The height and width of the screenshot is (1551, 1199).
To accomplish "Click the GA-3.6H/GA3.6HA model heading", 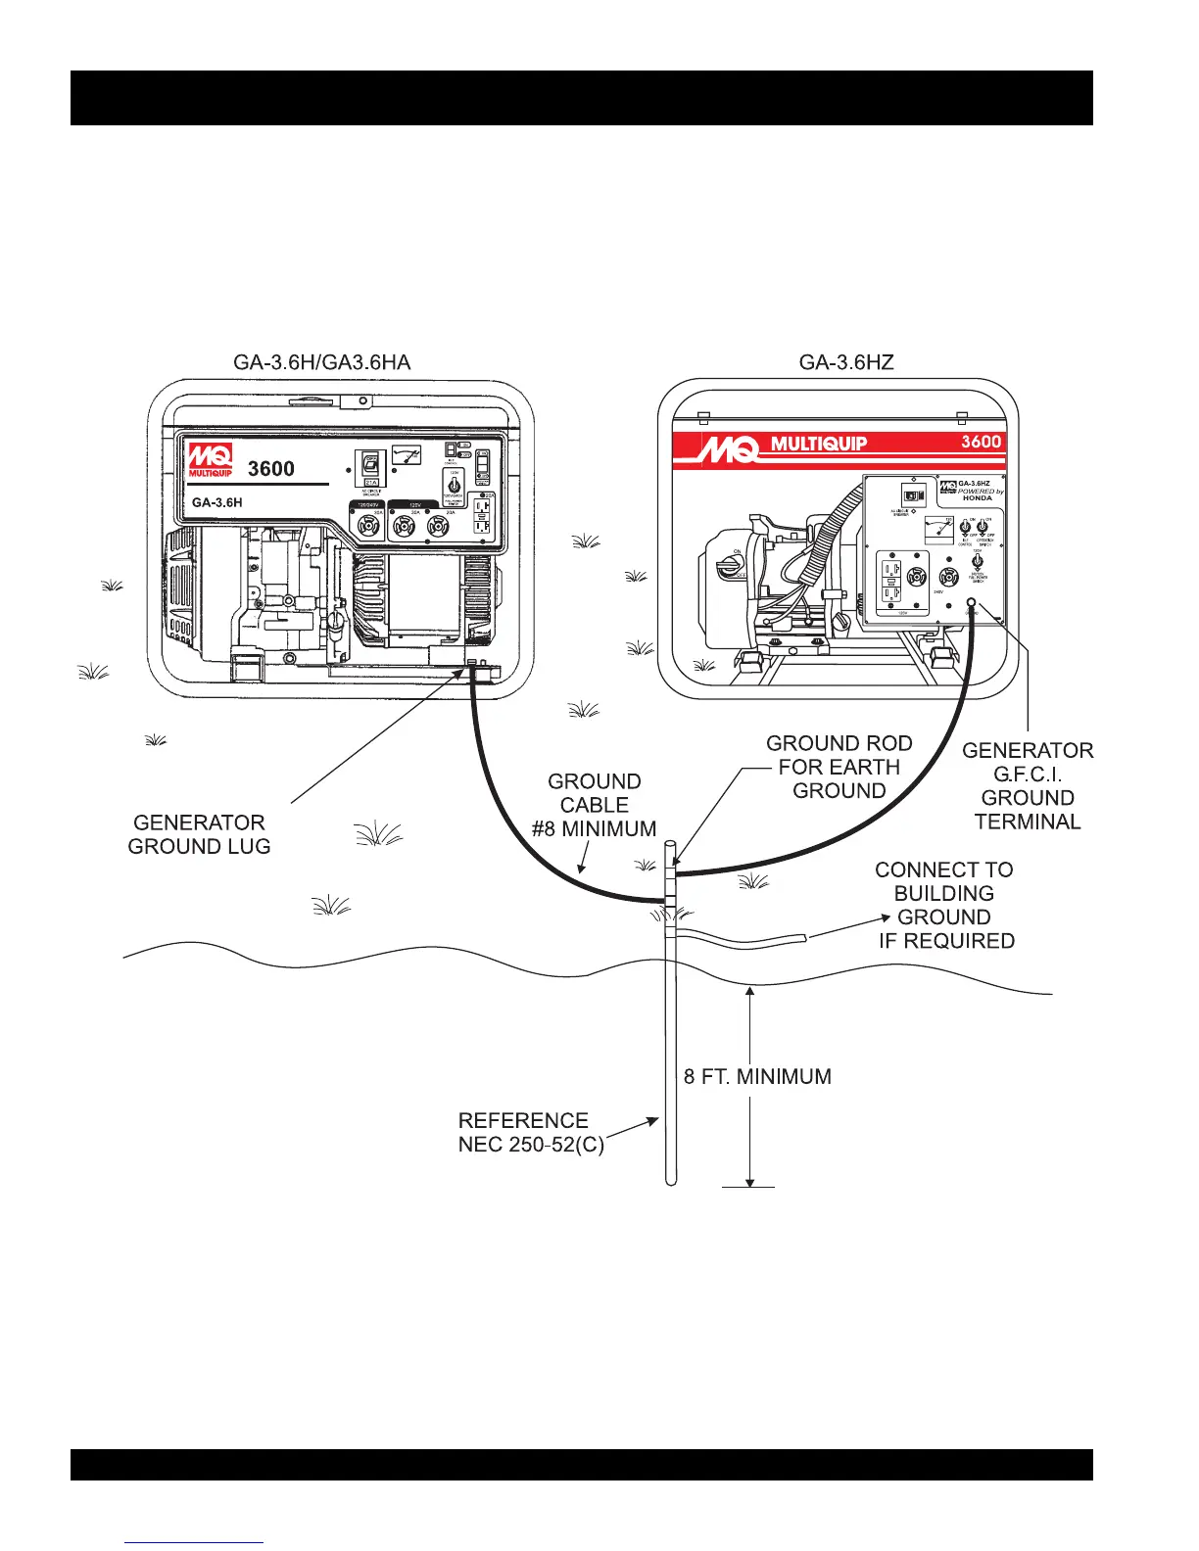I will [x=321, y=362].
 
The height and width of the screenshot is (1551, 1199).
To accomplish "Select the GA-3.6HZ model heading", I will [x=846, y=362].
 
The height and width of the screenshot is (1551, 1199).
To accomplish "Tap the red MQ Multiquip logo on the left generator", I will [x=211, y=460].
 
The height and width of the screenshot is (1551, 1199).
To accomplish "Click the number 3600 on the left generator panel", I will [x=271, y=469].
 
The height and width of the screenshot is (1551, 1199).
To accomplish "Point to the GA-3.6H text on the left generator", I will [x=216, y=502].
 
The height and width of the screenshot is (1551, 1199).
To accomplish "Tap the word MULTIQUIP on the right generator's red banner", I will [x=819, y=444].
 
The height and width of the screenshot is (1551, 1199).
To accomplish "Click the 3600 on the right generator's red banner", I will [x=981, y=442].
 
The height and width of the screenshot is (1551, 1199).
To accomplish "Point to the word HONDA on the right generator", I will [x=977, y=497].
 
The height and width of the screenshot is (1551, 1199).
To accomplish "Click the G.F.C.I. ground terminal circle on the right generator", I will [x=971, y=603].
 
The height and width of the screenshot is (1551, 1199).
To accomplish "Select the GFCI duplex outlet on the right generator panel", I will [x=890, y=583].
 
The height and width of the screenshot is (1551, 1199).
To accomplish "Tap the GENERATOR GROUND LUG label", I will [x=199, y=834].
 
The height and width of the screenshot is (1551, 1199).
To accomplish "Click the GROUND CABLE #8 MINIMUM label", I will [x=594, y=805].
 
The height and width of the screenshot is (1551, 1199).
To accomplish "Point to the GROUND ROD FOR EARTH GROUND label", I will [x=839, y=767].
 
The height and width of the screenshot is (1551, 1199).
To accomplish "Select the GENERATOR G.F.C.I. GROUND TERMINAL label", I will [x=1028, y=786].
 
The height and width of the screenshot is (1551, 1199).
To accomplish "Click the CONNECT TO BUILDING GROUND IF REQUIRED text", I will [x=944, y=905].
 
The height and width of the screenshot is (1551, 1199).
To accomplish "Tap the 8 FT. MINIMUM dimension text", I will [x=757, y=1076].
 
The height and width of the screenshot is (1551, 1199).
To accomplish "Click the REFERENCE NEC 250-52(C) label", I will [x=530, y=1132].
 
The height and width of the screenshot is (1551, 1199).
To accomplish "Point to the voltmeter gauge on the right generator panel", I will [x=938, y=530].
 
